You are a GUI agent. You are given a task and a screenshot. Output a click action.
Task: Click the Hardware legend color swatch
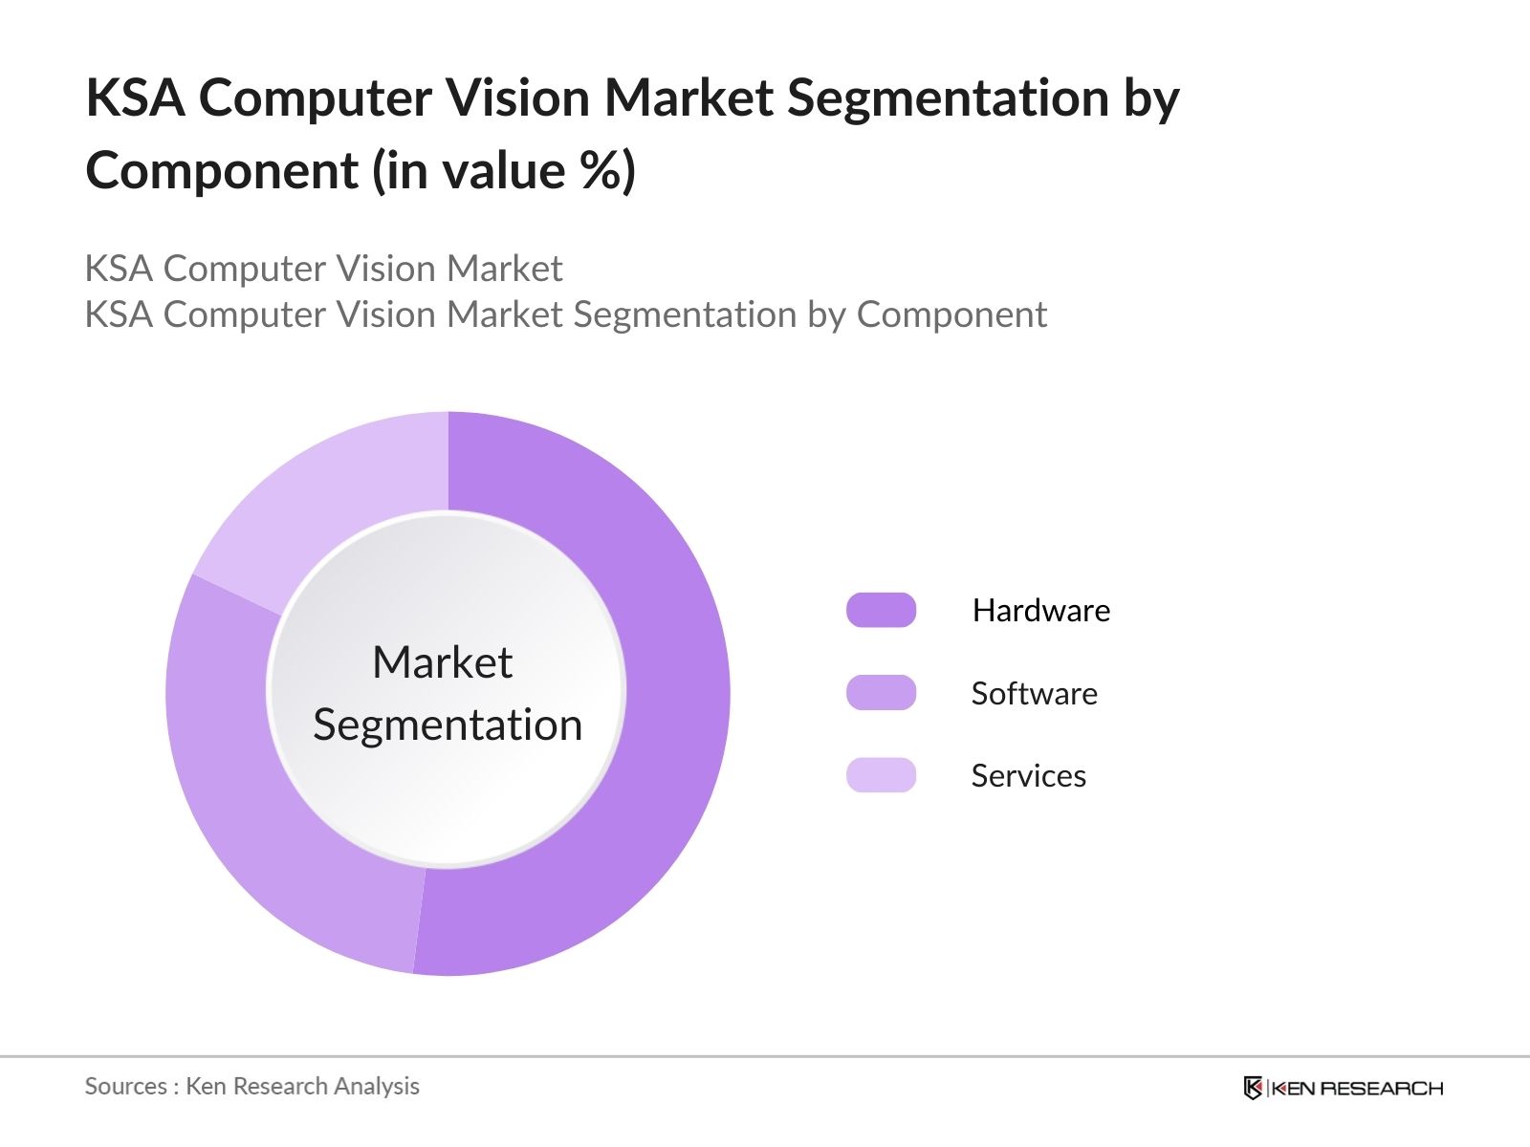pyautogui.click(x=881, y=610)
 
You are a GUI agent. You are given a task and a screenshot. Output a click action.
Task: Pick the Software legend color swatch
pyautogui.click(x=881, y=693)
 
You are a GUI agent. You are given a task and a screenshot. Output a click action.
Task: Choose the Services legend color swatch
pyautogui.click(x=881, y=775)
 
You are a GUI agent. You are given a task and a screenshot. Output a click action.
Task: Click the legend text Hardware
pyautogui.click(x=1040, y=610)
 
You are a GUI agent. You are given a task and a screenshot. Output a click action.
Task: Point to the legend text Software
pyautogui.click(x=1034, y=693)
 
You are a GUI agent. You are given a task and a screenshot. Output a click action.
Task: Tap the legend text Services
pyautogui.click(x=1028, y=775)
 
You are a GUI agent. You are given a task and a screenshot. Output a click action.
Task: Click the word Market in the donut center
pyautogui.click(x=442, y=662)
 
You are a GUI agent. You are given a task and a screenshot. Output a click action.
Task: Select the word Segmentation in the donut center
pyautogui.click(x=448, y=725)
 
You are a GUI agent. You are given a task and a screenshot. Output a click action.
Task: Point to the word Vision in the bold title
pyautogui.click(x=521, y=97)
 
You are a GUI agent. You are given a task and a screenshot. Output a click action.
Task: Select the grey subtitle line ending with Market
pyautogui.click(x=323, y=269)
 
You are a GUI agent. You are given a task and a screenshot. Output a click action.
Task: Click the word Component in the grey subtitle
pyautogui.click(x=951, y=314)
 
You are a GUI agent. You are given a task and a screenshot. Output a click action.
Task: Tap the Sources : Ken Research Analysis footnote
pyautogui.click(x=251, y=1086)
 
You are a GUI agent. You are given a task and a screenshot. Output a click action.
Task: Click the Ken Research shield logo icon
pyautogui.click(x=1253, y=1088)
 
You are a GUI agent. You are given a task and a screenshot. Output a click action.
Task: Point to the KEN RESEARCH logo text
pyautogui.click(x=1356, y=1088)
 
